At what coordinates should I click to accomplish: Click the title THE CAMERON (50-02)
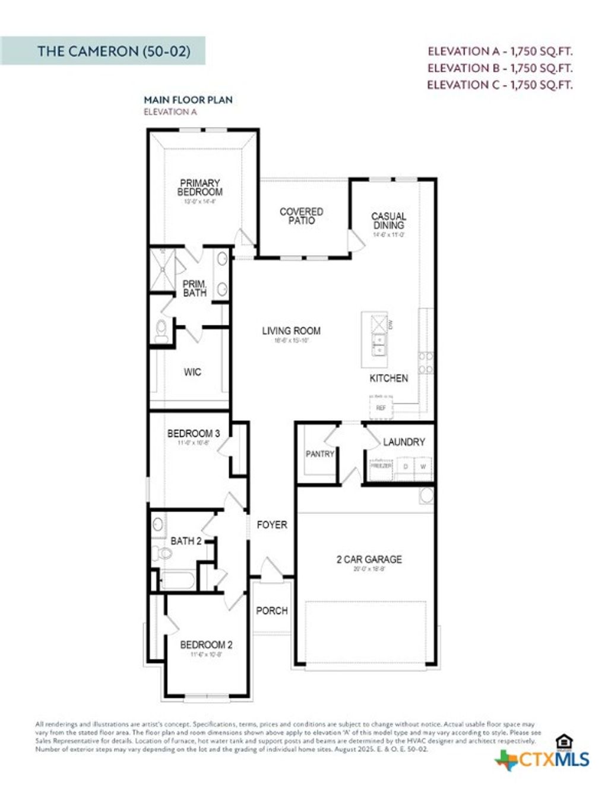(x=113, y=51)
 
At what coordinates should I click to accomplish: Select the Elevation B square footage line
(x=499, y=68)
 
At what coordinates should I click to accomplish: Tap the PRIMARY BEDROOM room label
(x=200, y=188)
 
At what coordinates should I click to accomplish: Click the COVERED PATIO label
(x=302, y=216)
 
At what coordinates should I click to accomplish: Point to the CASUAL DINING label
(x=389, y=221)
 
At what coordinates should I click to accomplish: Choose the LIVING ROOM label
(x=291, y=331)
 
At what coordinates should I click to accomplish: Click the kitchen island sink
(x=378, y=344)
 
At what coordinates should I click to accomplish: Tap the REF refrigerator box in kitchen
(x=381, y=408)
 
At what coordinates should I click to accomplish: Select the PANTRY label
(x=319, y=454)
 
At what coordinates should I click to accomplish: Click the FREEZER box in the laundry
(x=381, y=467)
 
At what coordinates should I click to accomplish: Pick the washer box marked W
(x=423, y=467)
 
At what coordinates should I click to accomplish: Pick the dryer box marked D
(x=406, y=467)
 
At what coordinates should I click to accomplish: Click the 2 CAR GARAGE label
(x=369, y=559)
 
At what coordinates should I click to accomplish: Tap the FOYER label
(x=271, y=525)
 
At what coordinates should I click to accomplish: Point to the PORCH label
(x=271, y=610)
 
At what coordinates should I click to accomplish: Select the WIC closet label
(x=192, y=372)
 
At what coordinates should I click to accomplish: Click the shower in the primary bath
(x=161, y=269)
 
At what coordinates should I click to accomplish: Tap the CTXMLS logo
(x=543, y=759)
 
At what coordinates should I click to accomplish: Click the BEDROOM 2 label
(x=206, y=645)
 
